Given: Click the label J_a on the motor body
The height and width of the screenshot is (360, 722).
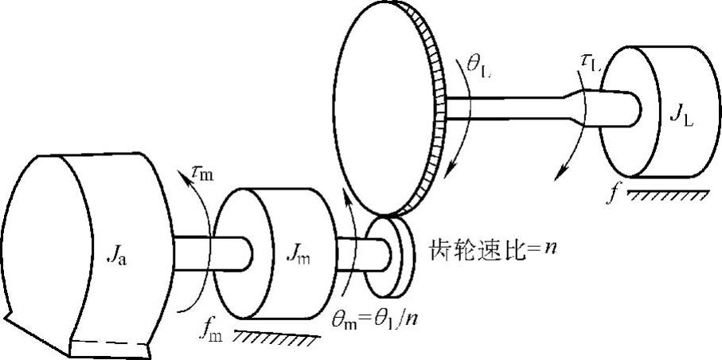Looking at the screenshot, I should pyautogui.click(x=119, y=258).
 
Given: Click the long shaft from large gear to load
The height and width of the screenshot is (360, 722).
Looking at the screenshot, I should pyautogui.click(x=517, y=107).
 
